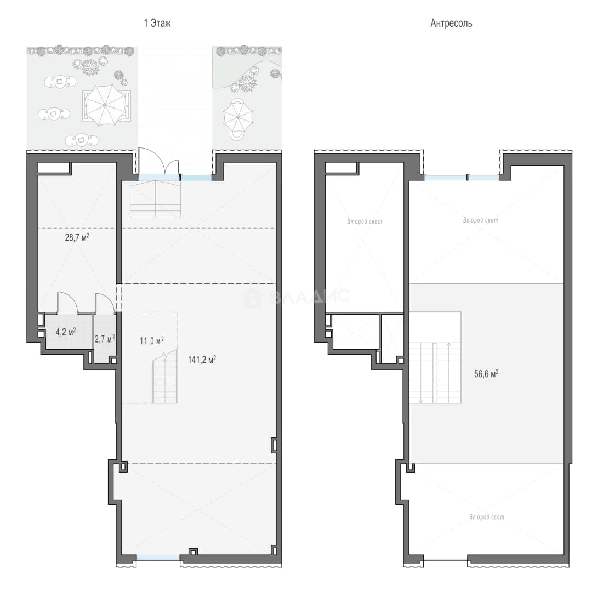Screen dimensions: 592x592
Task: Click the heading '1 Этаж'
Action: point(157,24)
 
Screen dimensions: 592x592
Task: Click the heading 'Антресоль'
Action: point(451,24)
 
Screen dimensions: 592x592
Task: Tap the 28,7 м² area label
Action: point(77,237)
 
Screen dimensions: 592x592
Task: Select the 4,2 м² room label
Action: point(66,332)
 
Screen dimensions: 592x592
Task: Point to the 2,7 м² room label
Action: point(105,339)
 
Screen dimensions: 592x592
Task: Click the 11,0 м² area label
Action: point(152,341)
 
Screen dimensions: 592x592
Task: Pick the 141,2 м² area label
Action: point(202,360)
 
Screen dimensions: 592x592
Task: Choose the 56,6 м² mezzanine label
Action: point(486,374)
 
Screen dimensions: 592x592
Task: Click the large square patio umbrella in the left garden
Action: point(105,105)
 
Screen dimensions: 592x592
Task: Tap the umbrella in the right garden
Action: point(237,117)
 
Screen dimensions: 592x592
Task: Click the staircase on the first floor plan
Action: point(165,377)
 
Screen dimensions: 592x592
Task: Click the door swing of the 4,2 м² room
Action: point(67,302)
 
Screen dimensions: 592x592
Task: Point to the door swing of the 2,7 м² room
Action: point(105,303)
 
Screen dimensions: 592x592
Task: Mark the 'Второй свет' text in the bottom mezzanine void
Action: point(487,517)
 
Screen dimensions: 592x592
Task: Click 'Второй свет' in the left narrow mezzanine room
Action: point(365,221)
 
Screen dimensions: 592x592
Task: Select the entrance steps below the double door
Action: point(155,198)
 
